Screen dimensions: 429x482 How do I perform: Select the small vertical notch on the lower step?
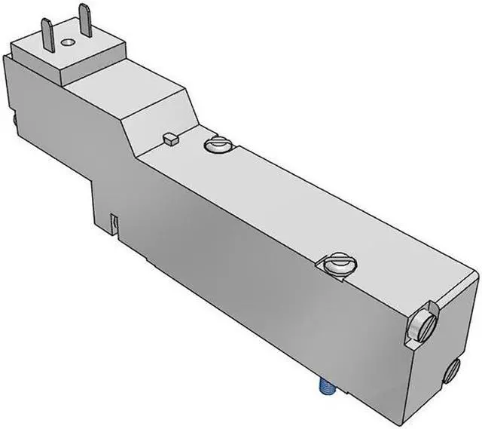click(114, 223)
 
